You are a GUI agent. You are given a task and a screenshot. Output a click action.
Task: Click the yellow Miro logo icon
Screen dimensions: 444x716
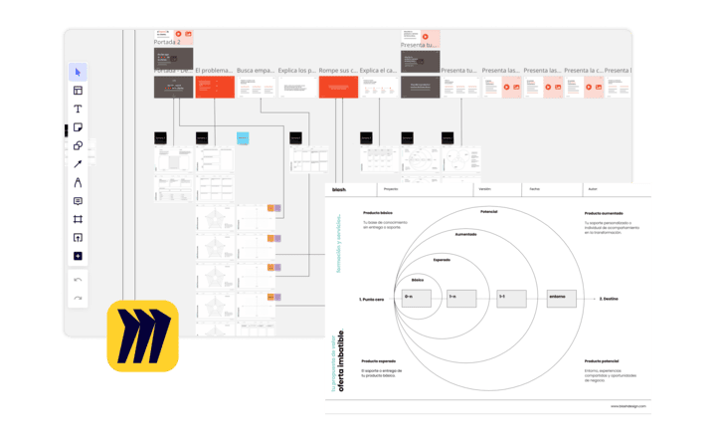pos(142,336)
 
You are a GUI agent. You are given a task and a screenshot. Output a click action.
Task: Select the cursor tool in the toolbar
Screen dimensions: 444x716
pos(78,72)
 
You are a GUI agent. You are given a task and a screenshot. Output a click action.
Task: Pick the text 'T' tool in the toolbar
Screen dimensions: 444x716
pos(78,109)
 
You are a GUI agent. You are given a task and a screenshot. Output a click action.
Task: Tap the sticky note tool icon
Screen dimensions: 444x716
pos(78,127)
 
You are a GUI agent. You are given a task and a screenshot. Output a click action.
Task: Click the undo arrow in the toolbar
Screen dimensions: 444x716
pos(78,280)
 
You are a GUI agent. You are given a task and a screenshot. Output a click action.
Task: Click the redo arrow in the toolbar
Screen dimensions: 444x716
pos(78,298)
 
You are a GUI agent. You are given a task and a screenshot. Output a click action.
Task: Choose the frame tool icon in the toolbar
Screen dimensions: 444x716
pos(78,219)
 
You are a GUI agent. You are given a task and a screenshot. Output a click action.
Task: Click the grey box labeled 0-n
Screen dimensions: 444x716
pos(410,298)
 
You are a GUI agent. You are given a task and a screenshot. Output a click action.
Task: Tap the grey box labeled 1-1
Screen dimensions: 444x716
pos(511,298)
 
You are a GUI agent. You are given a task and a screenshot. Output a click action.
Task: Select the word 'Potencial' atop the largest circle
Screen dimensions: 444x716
pos(489,212)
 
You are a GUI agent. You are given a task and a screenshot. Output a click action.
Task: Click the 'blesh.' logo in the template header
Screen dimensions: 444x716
pos(339,188)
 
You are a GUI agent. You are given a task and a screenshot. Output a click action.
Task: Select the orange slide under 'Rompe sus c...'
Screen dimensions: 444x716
pos(338,87)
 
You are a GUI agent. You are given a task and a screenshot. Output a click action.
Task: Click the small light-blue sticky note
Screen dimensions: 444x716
pos(243,137)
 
